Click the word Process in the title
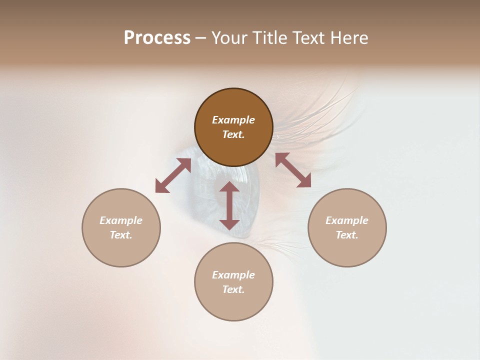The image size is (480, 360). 157,38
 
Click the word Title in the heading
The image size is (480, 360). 268,38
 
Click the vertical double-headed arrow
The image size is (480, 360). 229,206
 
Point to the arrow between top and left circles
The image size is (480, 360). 173,175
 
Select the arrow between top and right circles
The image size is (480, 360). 293,170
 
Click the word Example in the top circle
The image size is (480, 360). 233,120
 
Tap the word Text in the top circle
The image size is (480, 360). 233,134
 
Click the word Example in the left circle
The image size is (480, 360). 121,220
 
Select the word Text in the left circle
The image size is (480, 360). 121,235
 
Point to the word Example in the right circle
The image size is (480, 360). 347,220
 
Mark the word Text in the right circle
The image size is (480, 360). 347,235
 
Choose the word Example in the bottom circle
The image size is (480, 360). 233,275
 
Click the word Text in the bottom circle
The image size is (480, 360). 233,289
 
